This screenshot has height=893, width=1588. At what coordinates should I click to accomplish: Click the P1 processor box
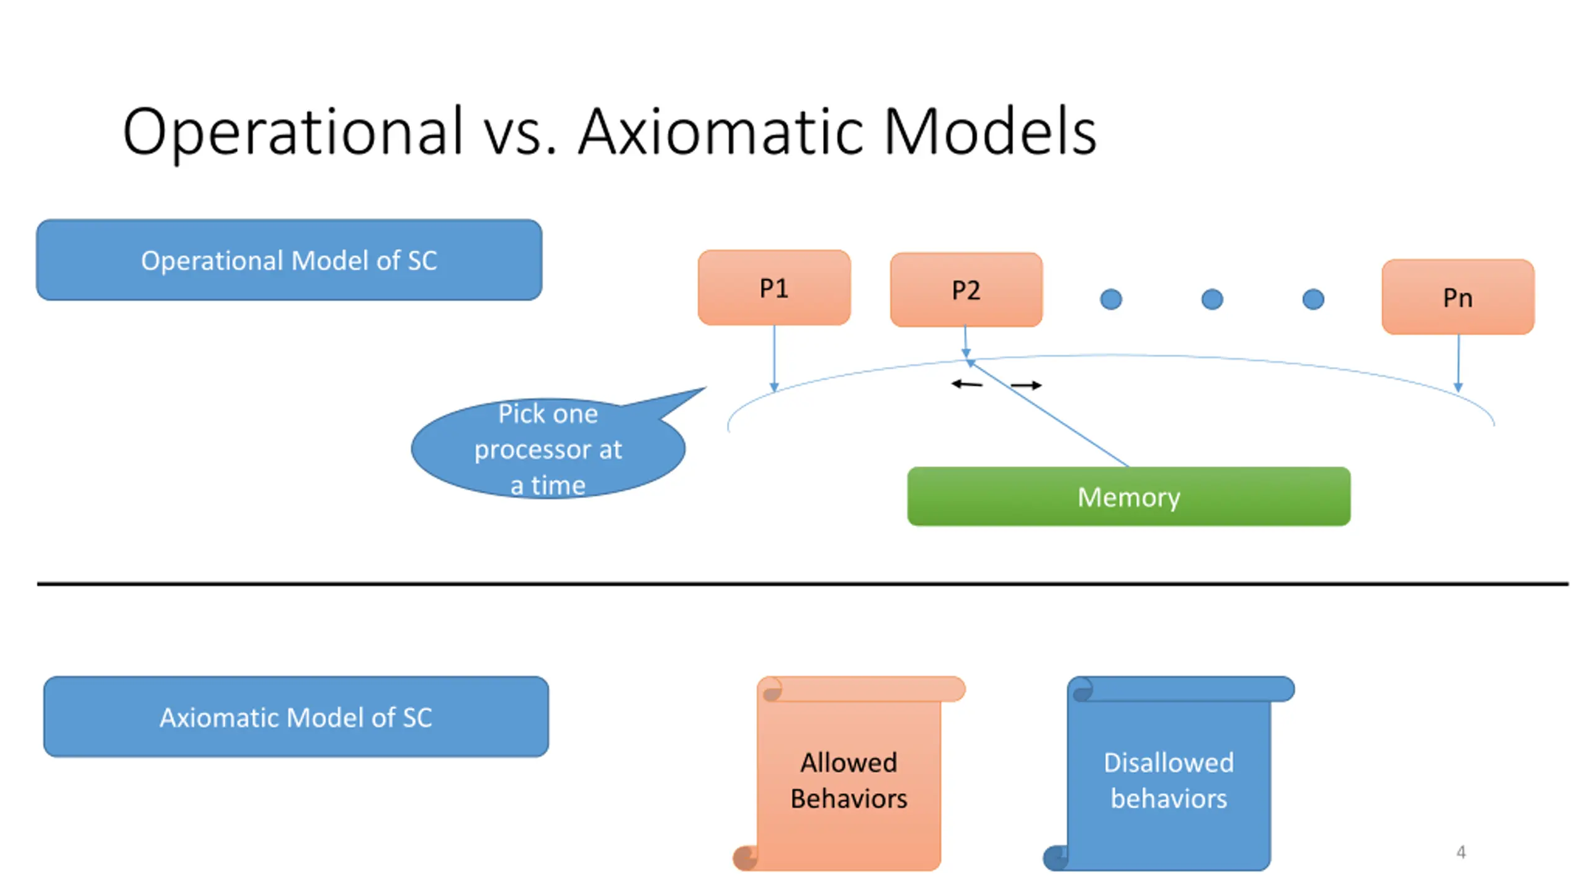pyautogui.click(x=774, y=287)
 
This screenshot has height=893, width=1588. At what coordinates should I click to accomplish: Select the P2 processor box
pyautogui.click(x=966, y=290)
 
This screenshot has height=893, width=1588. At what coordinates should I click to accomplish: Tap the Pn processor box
pyautogui.click(x=1458, y=297)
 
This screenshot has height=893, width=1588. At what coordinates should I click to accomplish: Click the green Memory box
pyautogui.click(x=1128, y=496)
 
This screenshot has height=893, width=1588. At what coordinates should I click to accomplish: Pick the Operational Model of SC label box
pyautogui.click(x=289, y=260)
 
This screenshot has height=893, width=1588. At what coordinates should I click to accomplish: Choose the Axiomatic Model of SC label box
pyautogui.click(x=296, y=716)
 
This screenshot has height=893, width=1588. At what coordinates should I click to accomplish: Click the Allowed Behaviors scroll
pyautogui.click(x=849, y=773)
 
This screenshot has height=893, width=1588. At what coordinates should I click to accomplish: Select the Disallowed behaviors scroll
pyautogui.click(x=1169, y=773)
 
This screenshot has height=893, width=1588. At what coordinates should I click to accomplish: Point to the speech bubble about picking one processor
pyautogui.click(x=548, y=448)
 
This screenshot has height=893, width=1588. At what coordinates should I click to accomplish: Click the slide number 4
pyautogui.click(x=1461, y=852)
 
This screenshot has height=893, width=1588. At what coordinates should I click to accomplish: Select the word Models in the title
pyautogui.click(x=990, y=131)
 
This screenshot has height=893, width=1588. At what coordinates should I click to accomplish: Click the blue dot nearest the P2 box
pyautogui.click(x=1111, y=300)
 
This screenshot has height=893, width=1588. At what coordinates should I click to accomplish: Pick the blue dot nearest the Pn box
pyautogui.click(x=1313, y=300)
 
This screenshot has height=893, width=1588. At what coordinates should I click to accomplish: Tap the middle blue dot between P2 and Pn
pyautogui.click(x=1212, y=300)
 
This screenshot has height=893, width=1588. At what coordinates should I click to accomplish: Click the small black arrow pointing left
pyautogui.click(x=967, y=384)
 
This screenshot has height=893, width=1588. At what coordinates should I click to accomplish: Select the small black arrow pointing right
pyautogui.click(x=1026, y=385)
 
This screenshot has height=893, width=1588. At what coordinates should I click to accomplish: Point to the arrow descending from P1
pyautogui.click(x=774, y=358)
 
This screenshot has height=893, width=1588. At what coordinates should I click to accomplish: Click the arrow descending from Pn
pyautogui.click(x=1458, y=363)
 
